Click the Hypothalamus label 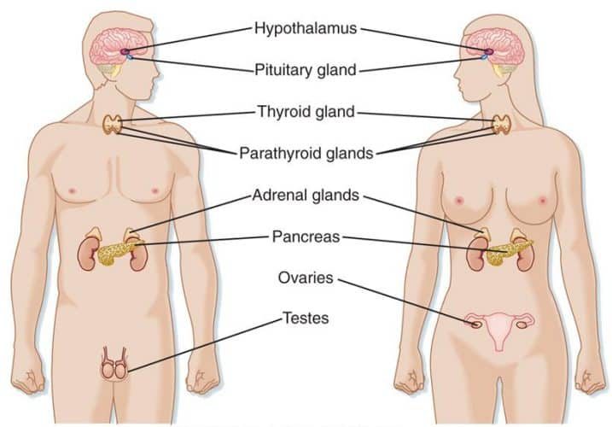pyautogui.click(x=306, y=28)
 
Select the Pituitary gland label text pyautogui.click(x=306, y=70)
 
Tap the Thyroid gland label pyautogui.click(x=306, y=112)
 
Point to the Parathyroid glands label pyautogui.click(x=306, y=153)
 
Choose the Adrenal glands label pyautogui.click(x=306, y=195)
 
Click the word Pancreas pyautogui.click(x=306, y=237)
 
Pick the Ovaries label pyautogui.click(x=306, y=278)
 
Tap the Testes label pyautogui.click(x=306, y=318)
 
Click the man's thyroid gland pyautogui.click(x=113, y=125)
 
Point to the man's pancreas pyautogui.click(x=116, y=253)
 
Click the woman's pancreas pyautogui.click(x=506, y=251)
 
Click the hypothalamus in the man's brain pyautogui.click(x=125, y=51)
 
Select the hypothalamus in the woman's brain pyautogui.click(x=489, y=51)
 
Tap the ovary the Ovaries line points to pyautogui.click(x=475, y=325)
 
